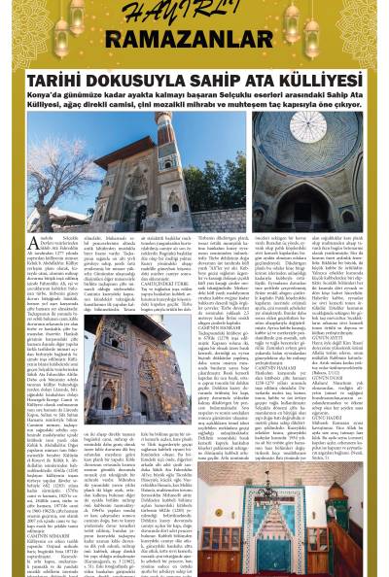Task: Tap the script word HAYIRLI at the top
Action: click(x=194, y=13)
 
